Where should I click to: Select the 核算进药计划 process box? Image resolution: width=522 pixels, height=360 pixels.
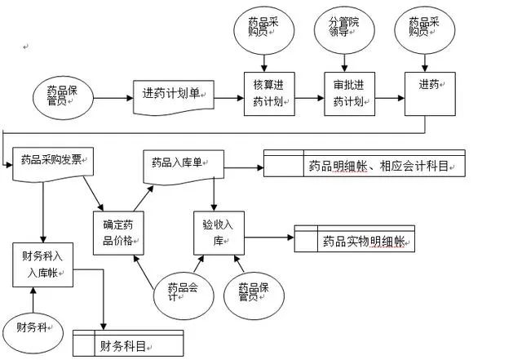[x=268, y=96]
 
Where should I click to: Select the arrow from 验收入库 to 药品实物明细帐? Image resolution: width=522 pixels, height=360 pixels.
[x=268, y=238]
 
